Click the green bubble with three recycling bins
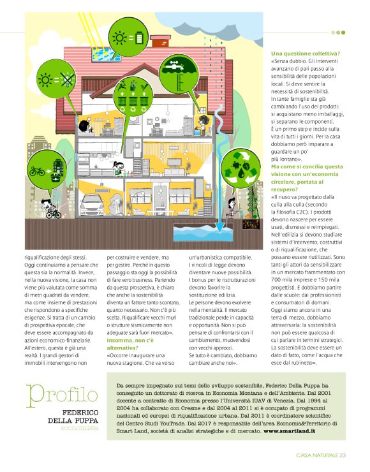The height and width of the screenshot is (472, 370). [122, 95]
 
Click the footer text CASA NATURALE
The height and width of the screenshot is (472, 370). [317, 455]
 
